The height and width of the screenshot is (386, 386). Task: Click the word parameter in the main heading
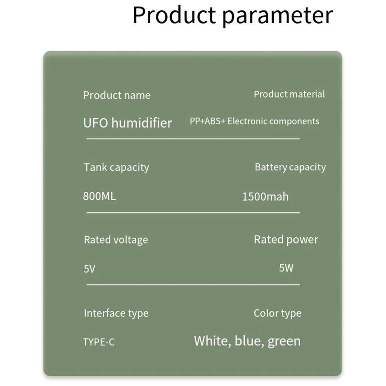[x=278, y=17]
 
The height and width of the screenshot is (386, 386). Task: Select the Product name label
[x=117, y=95]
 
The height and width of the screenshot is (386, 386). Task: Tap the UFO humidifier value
[x=127, y=123]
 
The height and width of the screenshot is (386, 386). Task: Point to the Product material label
[x=289, y=94]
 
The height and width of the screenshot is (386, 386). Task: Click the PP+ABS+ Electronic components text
[x=254, y=121]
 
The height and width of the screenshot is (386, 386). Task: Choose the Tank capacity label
[x=117, y=168]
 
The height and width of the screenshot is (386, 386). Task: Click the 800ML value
[x=100, y=196]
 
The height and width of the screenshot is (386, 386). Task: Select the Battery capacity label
[x=290, y=168]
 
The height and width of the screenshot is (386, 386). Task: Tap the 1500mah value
[x=266, y=197]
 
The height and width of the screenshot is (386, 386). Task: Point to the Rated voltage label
[x=116, y=240]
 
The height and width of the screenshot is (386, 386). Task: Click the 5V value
[x=90, y=269]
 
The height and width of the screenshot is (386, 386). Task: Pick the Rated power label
[x=286, y=240]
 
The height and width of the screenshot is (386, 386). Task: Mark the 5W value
[x=286, y=268]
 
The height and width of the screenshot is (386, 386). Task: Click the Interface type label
[x=116, y=313]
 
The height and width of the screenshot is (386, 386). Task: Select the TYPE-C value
[x=99, y=342]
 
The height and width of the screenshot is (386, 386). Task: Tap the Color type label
[x=278, y=313]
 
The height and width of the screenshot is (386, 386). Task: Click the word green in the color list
[x=284, y=342]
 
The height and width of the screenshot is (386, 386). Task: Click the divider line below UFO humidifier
[x=193, y=139]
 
